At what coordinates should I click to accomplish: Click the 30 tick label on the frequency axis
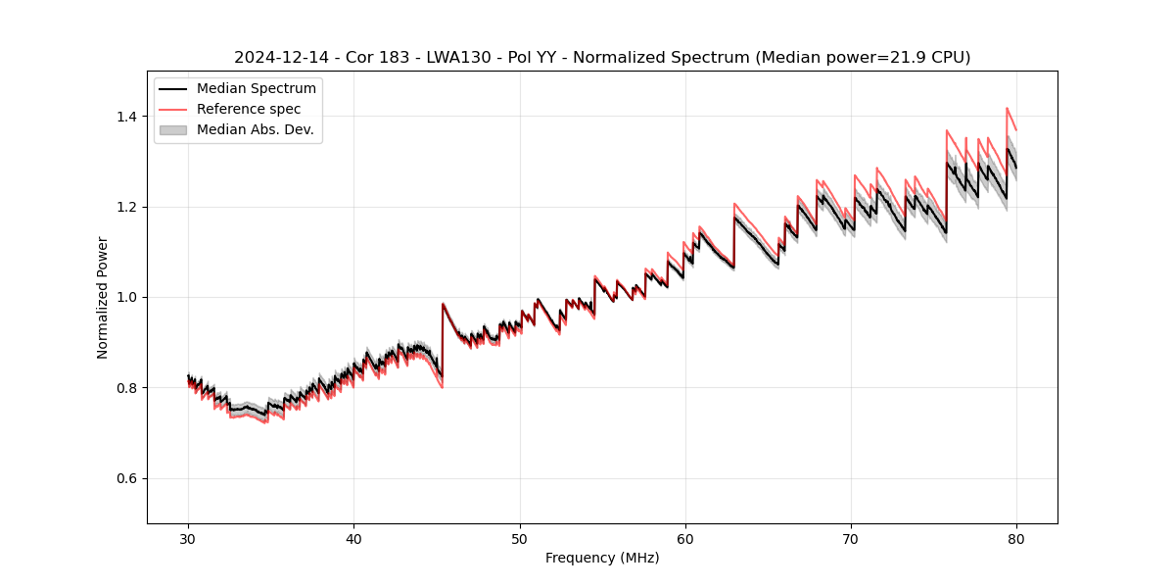[188, 538]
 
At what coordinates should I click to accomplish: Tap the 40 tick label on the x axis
[353, 538]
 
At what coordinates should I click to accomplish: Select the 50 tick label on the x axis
[520, 538]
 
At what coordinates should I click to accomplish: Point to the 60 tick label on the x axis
[685, 538]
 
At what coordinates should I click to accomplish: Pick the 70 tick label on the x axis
[851, 538]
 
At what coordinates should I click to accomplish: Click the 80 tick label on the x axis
[1016, 538]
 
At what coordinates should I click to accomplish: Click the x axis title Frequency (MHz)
[602, 558]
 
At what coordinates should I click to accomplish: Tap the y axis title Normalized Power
[102, 297]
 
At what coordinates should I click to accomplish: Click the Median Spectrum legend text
[256, 89]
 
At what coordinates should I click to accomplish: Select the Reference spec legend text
[249, 109]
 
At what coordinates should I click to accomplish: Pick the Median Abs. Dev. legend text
[255, 129]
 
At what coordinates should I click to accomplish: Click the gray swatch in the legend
[173, 129]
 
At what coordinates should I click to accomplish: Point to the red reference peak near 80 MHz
[1007, 109]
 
